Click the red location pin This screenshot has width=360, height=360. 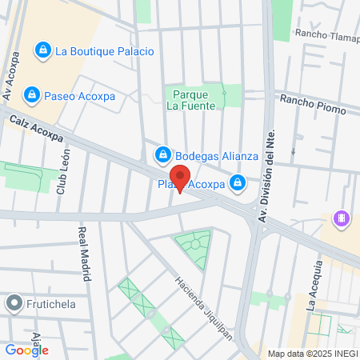click(x=180, y=178)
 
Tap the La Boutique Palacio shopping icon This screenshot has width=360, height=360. click(x=42, y=51)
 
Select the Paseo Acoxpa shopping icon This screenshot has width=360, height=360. click(x=31, y=96)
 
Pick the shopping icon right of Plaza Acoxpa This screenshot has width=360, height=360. click(x=238, y=184)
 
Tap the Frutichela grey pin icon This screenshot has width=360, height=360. click(x=14, y=304)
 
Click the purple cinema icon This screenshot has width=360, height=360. click(x=342, y=218)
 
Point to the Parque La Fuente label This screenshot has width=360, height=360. click(x=193, y=99)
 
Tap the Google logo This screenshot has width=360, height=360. click(x=26, y=350)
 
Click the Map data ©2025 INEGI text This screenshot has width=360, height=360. click(x=312, y=354)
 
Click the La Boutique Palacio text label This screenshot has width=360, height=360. click(x=104, y=51)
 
